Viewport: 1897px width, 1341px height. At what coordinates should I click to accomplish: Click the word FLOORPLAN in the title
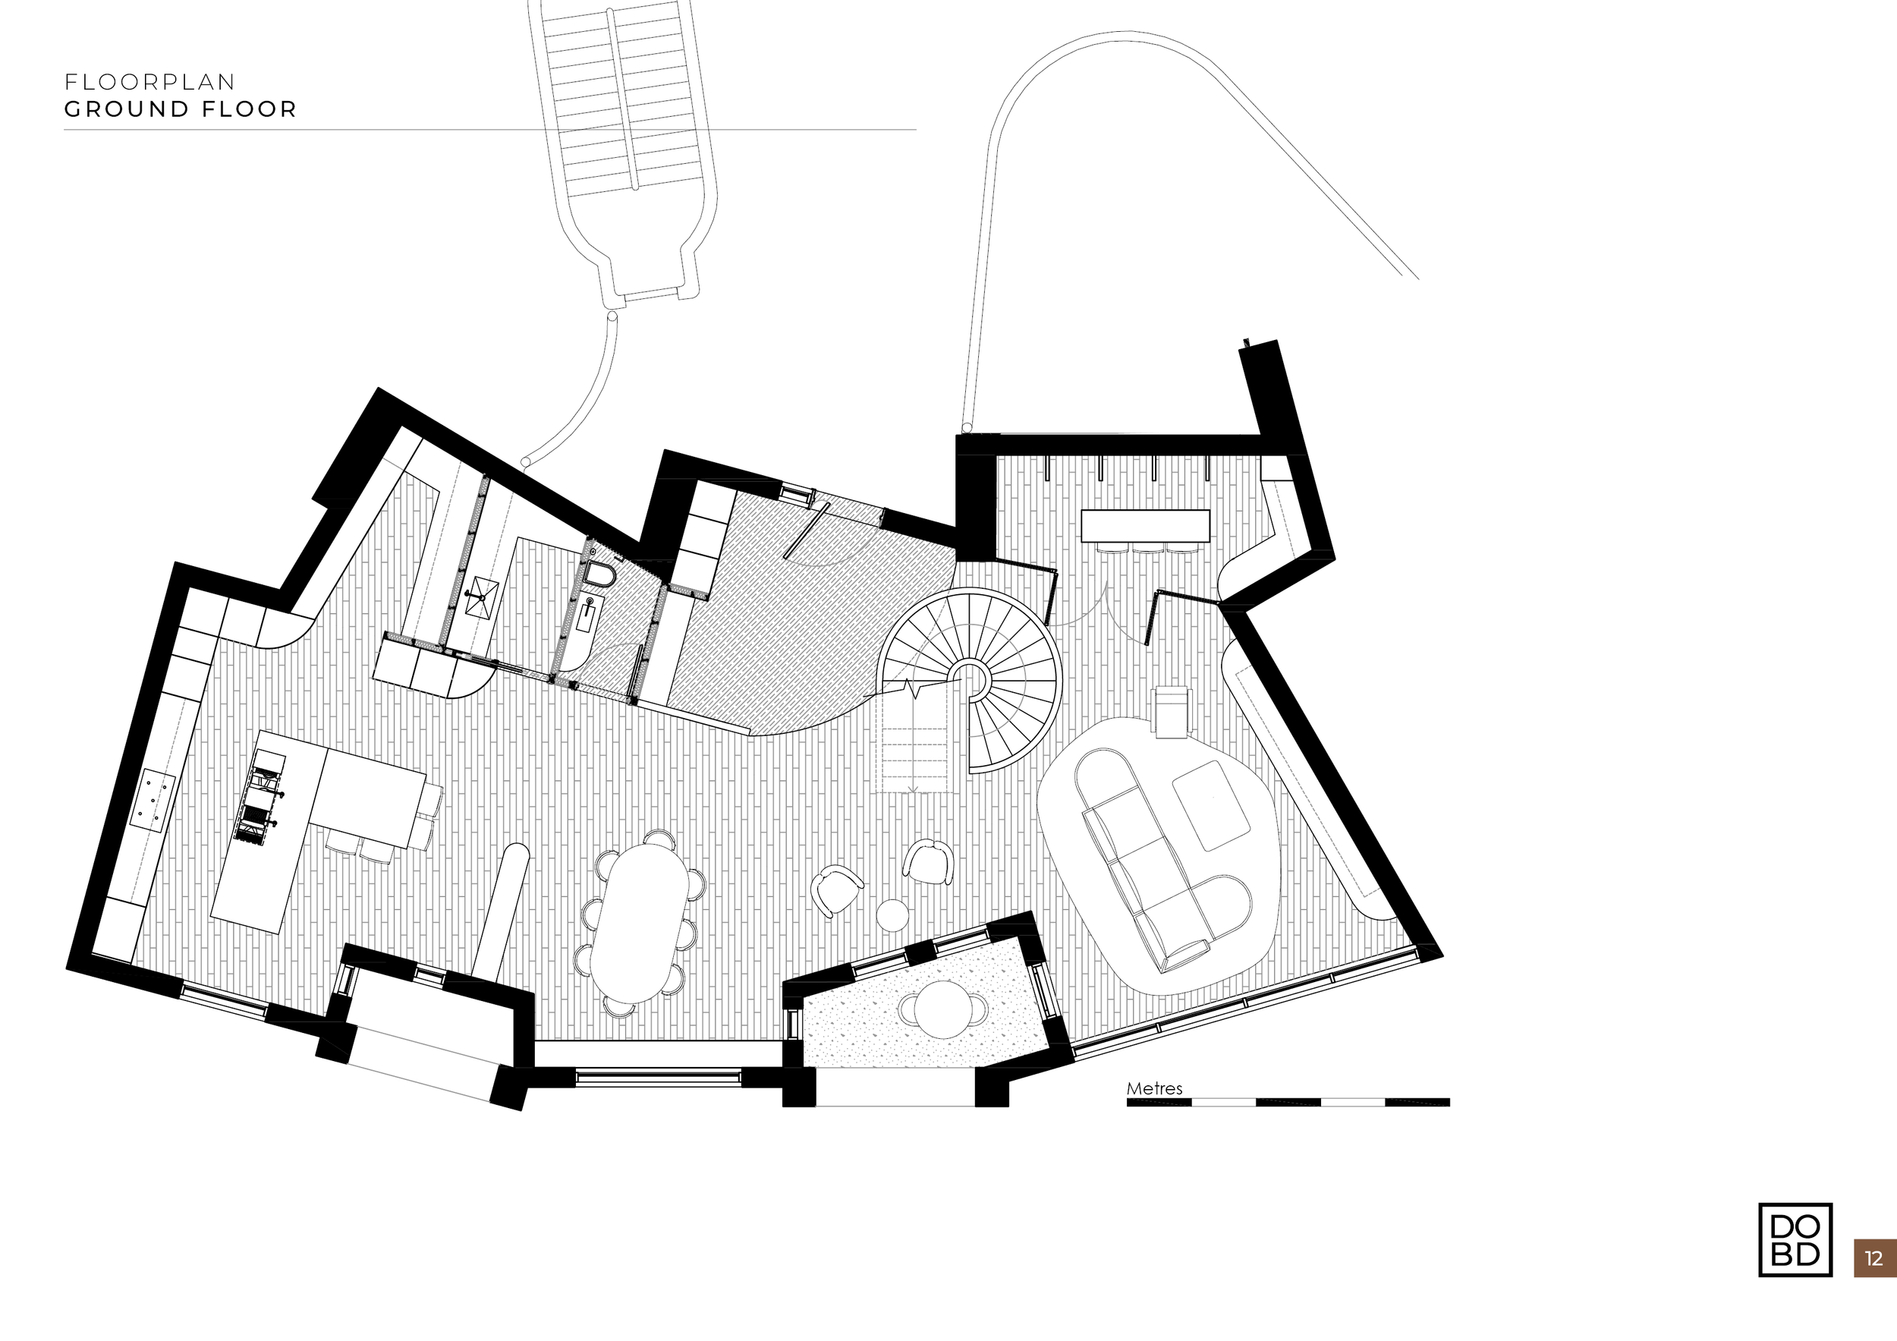(149, 82)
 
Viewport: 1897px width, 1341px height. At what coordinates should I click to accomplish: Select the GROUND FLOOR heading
(180, 109)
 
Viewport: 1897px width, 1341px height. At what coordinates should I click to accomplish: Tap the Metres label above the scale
(1154, 1089)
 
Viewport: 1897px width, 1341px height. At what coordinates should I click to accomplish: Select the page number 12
(1874, 1259)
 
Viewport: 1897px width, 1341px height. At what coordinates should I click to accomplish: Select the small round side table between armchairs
(892, 914)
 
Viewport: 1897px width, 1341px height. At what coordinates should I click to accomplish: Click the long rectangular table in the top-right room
(1145, 525)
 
